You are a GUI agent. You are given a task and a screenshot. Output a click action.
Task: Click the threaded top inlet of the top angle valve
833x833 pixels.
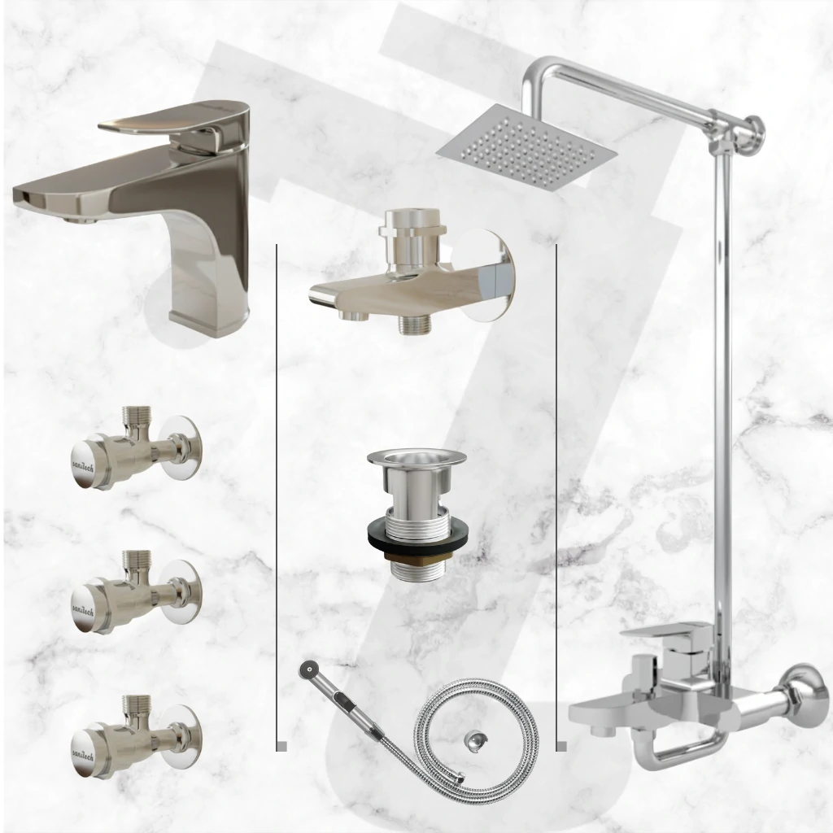coord(133,417)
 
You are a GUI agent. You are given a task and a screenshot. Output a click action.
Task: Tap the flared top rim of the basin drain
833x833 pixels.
coord(416,457)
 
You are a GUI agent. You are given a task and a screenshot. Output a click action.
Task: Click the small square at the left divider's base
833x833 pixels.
coord(281,746)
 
